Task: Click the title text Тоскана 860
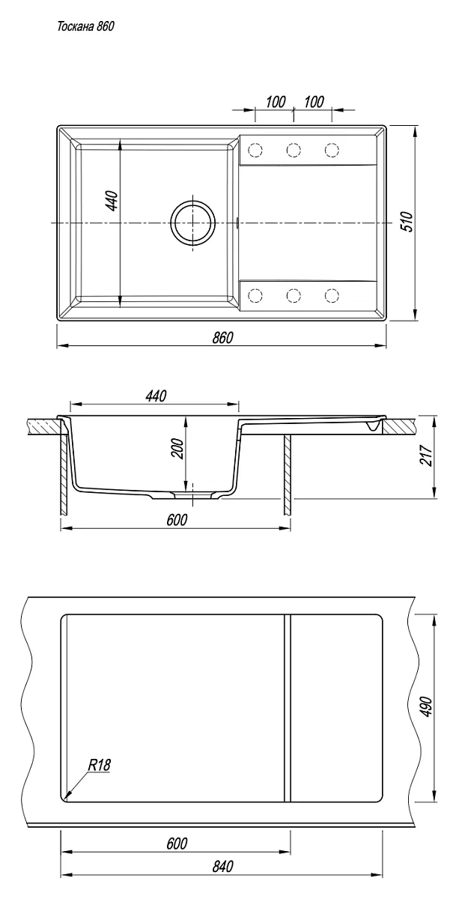[x=85, y=26]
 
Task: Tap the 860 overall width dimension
[x=222, y=338]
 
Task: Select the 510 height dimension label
[x=407, y=221]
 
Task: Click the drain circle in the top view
[x=193, y=223]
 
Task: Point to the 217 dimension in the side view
[x=426, y=455]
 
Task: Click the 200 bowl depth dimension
[x=177, y=449]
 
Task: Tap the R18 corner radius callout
[x=99, y=766]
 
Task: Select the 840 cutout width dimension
[x=222, y=867]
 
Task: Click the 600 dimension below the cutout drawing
[x=177, y=844]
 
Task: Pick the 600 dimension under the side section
[x=177, y=520]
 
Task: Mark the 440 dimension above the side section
[x=156, y=396]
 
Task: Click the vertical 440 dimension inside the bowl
[x=112, y=201]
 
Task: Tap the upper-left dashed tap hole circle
[x=255, y=150]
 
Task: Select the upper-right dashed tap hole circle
[x=332, y=150]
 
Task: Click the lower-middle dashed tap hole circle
[x=294, y=295]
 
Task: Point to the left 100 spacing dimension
[x=276, y=102]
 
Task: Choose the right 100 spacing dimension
[x=314, y=102]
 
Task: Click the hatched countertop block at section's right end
[x=398, y=426]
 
